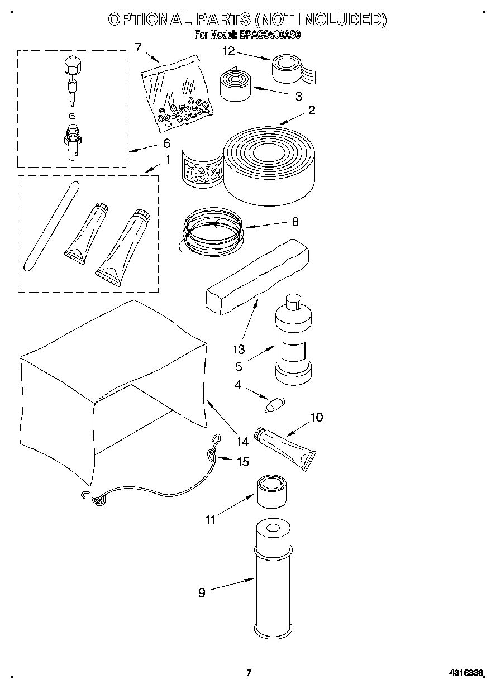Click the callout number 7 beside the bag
(138, 47)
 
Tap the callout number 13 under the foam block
(239, 350)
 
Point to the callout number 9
(202, 593)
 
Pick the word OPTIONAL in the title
(148, 20)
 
